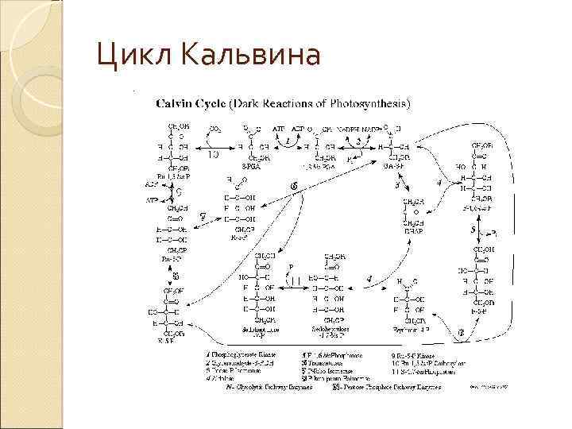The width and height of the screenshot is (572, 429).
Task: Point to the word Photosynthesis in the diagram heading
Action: [370, 103]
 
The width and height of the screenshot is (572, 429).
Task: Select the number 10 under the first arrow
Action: [214, 155]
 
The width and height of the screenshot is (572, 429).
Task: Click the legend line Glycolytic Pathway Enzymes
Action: [269, 388]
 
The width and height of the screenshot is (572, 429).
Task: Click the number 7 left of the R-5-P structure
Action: [203, 215]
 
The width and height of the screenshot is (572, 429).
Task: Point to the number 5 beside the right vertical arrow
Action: [473, 229]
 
